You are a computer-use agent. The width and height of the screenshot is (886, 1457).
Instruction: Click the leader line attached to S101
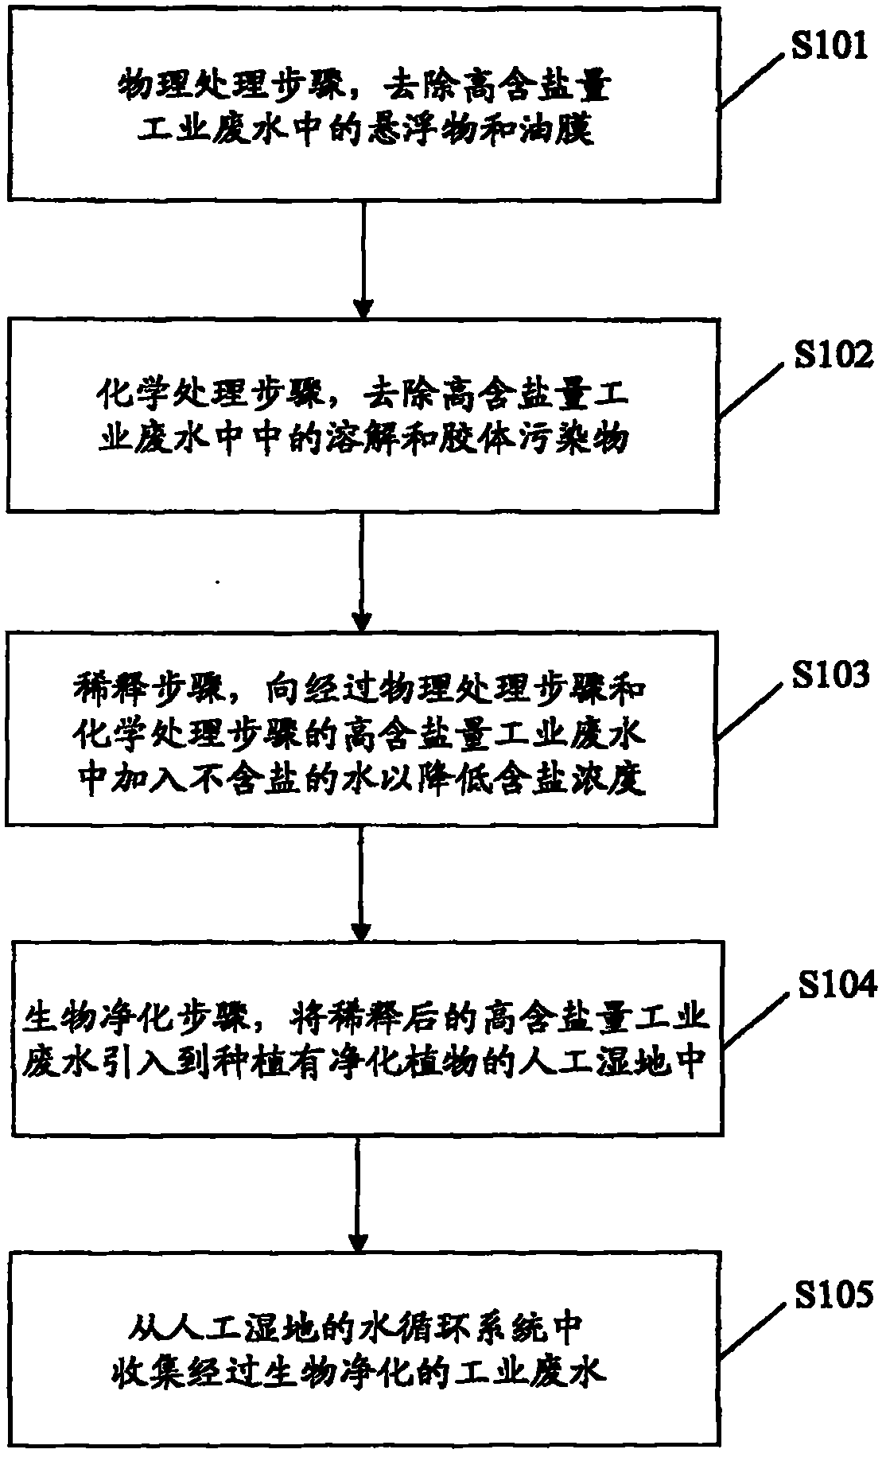coord(753,80)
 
